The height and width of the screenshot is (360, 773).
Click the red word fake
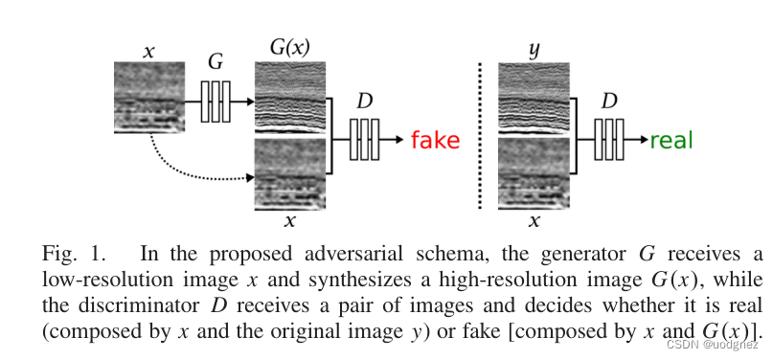[x=436, y=141]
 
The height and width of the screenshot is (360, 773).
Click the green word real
[x=671, y=141]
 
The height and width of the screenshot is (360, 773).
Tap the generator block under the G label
[x=216, y=101]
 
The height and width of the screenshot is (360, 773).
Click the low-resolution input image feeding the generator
[x=148, y=97]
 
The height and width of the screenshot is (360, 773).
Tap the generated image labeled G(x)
[x=289, y=97]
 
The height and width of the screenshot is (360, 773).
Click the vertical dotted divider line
[x=478, y=134]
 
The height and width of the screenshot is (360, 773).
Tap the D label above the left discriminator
[x=364, y=101]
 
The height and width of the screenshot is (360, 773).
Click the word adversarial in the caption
[x=332, y=255]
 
